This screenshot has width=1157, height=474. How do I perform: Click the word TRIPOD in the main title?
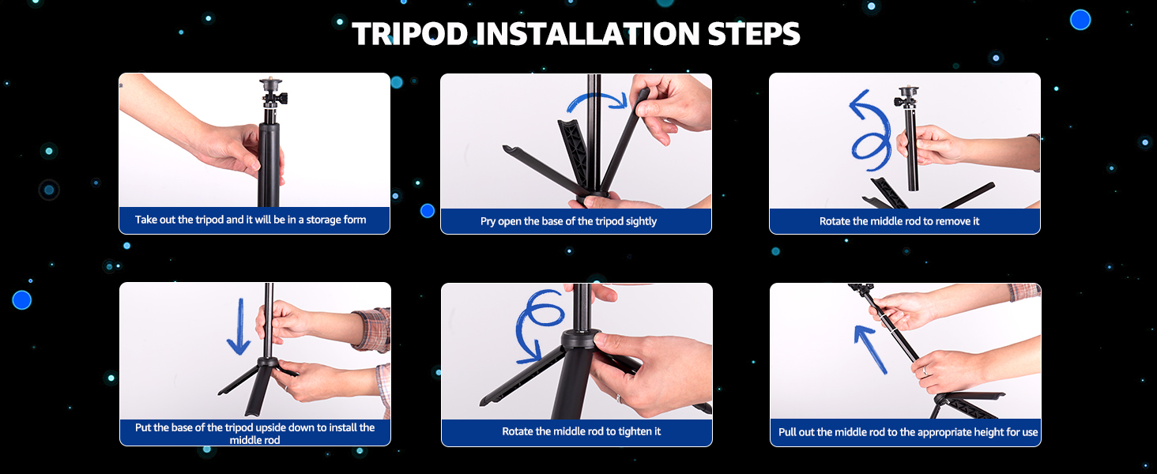(410, 33)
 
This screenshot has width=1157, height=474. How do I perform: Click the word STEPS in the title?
(754, 33)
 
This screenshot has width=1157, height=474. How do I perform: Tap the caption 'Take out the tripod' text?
(251, 220)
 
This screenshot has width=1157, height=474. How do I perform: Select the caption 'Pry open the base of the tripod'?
(568, 221)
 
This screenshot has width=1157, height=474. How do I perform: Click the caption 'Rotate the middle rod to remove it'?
(899, 221)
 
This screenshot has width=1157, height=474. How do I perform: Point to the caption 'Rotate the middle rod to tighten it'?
(581, 431)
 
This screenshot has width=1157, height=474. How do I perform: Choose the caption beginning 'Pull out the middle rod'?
(908, 431)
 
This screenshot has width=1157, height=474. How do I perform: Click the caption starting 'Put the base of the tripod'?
(254, 433)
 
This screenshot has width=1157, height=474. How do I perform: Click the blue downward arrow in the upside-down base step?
(240, 326)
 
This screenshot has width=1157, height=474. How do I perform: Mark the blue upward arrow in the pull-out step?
(871, 349)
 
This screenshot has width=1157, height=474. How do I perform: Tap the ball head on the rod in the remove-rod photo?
(907, 96)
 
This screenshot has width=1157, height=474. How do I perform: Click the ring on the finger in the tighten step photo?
(618, 398)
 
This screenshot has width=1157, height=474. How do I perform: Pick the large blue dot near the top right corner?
(1080, 20)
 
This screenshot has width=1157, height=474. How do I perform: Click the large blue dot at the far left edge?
(21, 300)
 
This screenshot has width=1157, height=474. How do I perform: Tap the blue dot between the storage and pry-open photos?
(428, 211)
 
